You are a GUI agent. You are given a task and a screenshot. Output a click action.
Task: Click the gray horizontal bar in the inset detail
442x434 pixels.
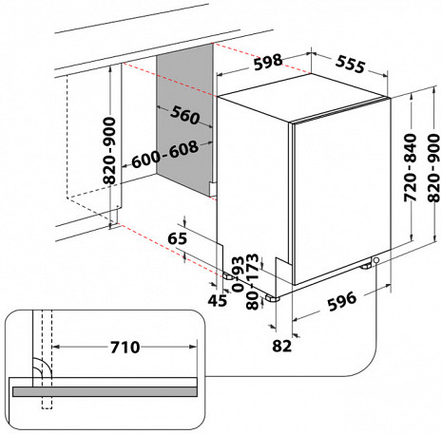[x=104, y=387]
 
